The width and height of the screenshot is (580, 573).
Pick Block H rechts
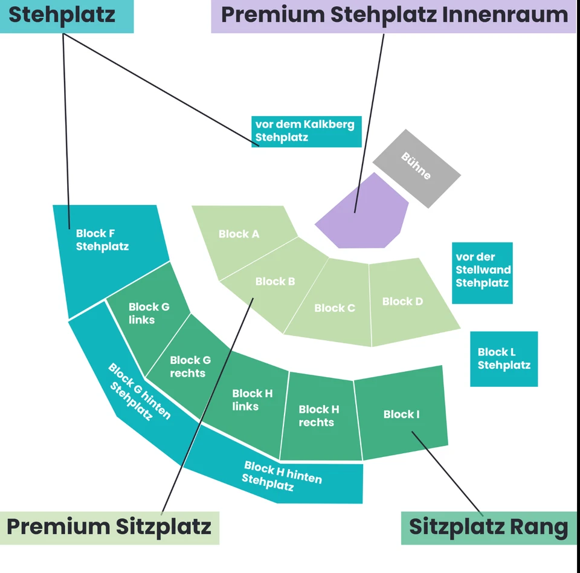coord(319,417)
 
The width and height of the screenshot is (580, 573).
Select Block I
coord(401,414)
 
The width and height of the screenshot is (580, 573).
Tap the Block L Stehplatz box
coord(504,358)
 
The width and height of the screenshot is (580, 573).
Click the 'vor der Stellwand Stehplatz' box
coord(482,272)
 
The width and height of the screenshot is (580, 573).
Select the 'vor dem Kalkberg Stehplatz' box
coord(306,131)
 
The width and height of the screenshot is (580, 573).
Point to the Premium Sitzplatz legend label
coord(109,526)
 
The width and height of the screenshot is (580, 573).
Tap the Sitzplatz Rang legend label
coord(488,527)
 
